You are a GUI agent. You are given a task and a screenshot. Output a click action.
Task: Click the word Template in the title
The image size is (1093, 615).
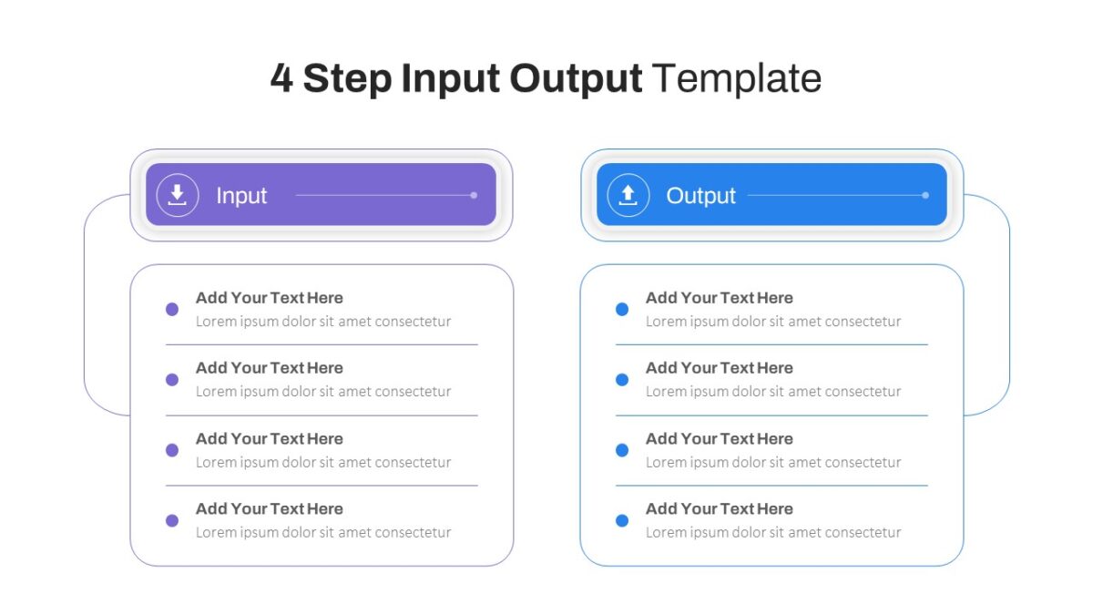click(736, 78)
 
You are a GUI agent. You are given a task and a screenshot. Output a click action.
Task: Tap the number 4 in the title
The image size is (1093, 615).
click(281, 78)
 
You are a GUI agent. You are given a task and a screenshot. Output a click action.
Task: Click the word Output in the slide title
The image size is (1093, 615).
click(576, 79)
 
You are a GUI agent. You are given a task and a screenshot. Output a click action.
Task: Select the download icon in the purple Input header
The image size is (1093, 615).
click(177, 195)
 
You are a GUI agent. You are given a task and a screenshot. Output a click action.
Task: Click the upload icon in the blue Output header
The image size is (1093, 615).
click(628, 195)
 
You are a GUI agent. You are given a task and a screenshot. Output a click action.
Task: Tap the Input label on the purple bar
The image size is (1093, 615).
click(241, 196)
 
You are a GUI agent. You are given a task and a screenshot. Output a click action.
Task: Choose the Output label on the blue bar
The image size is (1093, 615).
click(700, 196)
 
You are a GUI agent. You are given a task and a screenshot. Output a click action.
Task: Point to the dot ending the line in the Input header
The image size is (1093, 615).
click(474, 195)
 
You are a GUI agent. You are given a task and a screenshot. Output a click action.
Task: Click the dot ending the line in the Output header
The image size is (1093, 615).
click(925, 195)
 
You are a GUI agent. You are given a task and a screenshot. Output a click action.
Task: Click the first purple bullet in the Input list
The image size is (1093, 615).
click(172, 309)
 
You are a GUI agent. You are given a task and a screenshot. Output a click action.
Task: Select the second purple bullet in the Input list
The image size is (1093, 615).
click(172, 379)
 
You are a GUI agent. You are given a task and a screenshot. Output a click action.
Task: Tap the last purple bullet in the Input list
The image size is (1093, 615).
click(172, 520)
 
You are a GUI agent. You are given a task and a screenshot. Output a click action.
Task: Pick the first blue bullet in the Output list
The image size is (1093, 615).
click(621, 309)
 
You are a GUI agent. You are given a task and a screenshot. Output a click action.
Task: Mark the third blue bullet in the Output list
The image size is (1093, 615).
click(621, 449)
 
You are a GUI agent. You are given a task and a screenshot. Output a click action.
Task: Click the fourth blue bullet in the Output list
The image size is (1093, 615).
click(621, 520)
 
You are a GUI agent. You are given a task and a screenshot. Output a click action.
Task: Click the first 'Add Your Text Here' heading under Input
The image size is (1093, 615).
click(270, 298)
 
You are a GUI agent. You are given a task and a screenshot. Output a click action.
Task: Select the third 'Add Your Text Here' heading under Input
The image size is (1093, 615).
click(270, 439)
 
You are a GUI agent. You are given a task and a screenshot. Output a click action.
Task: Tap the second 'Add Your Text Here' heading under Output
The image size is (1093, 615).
click(720, 368)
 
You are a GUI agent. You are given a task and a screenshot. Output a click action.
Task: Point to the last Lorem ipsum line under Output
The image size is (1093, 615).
click(773, 532)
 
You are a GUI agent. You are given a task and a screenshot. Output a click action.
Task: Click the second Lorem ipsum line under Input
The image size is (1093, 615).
click(323, 392)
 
